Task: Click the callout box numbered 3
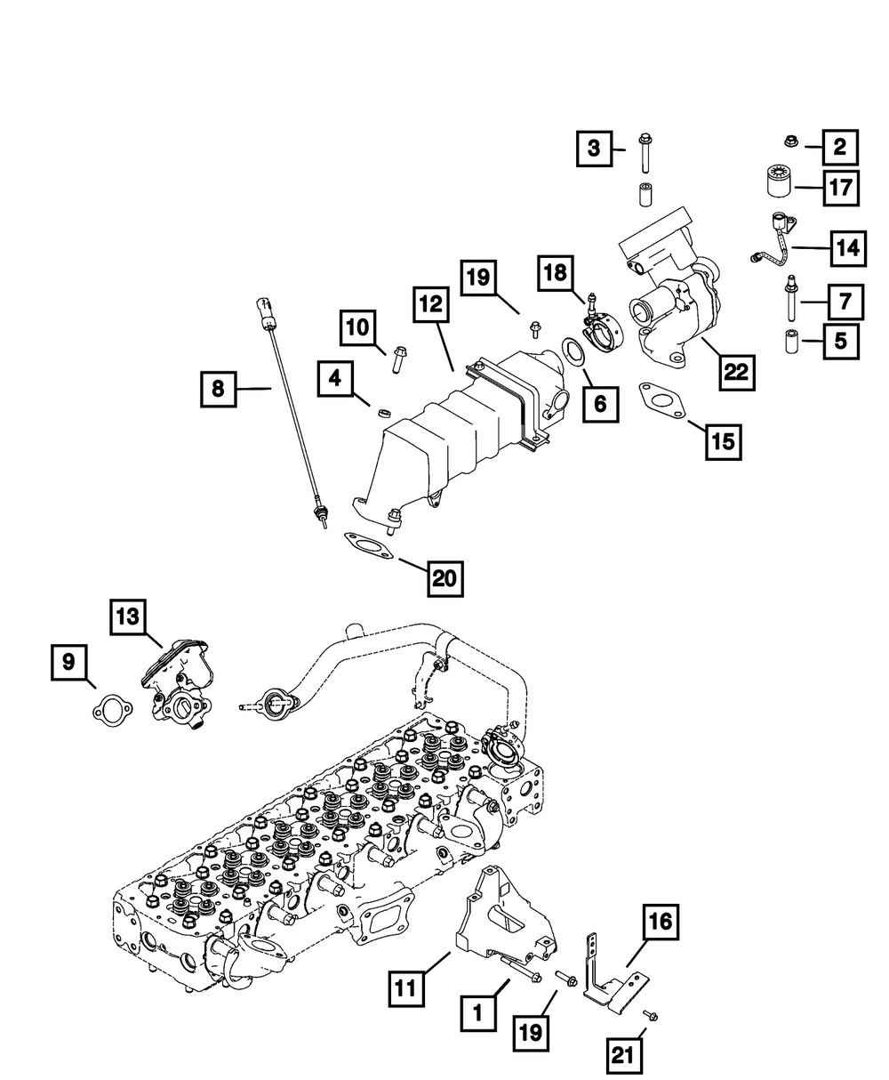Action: point(594,148)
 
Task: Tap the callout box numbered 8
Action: point(219,388)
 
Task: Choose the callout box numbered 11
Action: point(405,987)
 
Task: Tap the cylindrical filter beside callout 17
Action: point(779,185)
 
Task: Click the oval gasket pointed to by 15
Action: point(661,399)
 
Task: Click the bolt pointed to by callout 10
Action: point(396,361)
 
